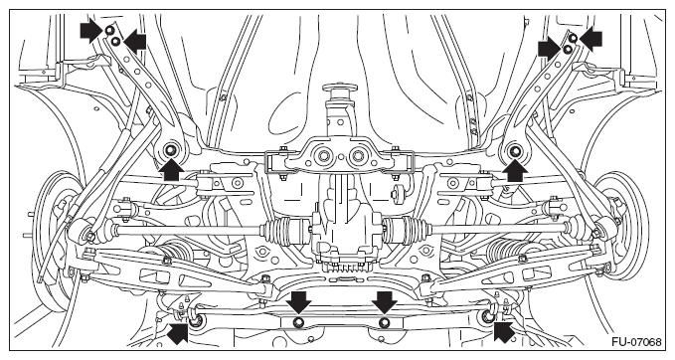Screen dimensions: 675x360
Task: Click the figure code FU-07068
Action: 636,342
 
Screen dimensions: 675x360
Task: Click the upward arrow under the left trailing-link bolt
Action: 171,170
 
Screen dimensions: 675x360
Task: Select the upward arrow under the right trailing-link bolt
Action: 515,170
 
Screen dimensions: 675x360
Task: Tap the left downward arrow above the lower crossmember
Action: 298,302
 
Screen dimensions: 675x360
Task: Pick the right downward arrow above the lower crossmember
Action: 385,302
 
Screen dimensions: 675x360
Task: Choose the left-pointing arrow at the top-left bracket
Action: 135,42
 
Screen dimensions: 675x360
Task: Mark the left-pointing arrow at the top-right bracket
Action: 591,39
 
